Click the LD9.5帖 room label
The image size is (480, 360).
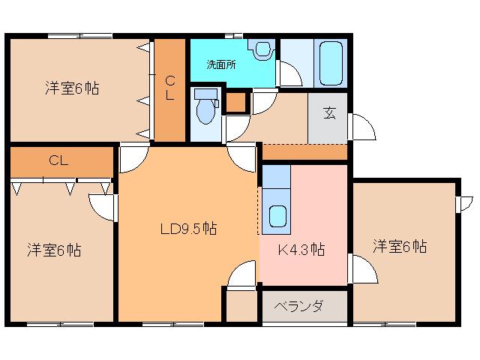(188, 229)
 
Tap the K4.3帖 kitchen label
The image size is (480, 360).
(301, 250)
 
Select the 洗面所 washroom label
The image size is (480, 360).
(221, 64)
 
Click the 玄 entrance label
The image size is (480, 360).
(329, 112)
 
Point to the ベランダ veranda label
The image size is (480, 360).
(298, 306)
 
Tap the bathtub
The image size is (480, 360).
(331, 63)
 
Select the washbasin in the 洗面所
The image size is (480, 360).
(262, 49)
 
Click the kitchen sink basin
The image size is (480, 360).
(278, 216)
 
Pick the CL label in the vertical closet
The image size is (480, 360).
(170, 88)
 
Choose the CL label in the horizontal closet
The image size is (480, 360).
(58, 160)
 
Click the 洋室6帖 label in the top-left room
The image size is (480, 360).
(72, 88)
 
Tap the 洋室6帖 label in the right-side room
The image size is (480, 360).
(400, 246)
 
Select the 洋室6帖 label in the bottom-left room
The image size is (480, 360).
(54, 250)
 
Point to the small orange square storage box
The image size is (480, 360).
(236, 102)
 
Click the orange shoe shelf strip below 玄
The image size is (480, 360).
(305, 151)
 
